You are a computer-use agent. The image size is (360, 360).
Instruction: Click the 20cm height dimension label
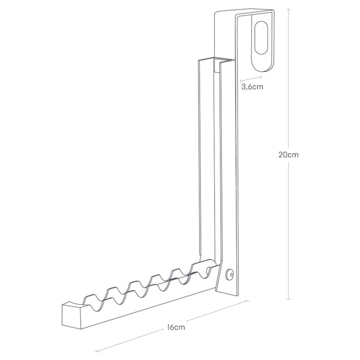tap(288, 155)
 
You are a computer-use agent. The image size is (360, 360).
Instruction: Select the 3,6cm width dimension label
tap(252, 87)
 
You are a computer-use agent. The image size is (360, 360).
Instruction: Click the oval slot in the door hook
tap(261, 38)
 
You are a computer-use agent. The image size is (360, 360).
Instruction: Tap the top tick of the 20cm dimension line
tap(288, 10)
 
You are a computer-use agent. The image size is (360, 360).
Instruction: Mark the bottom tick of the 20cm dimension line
tap(288, 299)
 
